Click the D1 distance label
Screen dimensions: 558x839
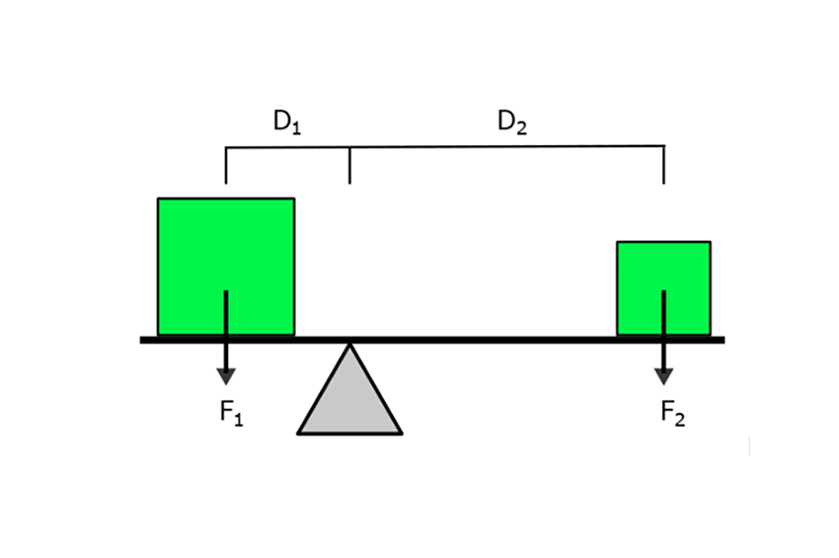[286, 123]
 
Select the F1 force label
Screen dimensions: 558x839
[231, 414]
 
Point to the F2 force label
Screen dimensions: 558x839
[672, 414]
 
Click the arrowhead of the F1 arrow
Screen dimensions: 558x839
[226, 375]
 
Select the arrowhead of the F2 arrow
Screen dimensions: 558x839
[663, 375]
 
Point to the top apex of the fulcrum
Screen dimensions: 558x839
[349, 345]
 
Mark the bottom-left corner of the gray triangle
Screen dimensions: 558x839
[299, 433]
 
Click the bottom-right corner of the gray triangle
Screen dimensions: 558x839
[401, 433]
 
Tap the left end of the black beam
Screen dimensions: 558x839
[142, 340]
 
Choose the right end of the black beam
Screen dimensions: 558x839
[724, 340]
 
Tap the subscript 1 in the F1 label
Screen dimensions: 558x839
[239, 419]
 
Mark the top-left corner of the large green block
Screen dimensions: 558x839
[159, 199]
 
